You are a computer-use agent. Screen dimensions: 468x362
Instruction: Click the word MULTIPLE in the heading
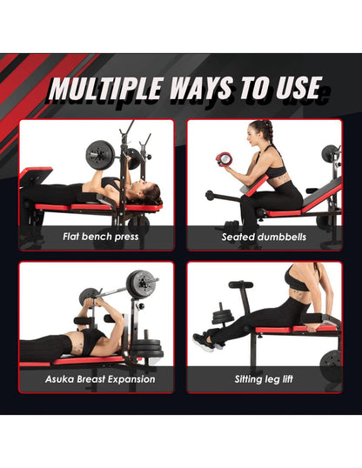104,88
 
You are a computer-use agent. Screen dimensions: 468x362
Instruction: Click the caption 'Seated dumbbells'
263,236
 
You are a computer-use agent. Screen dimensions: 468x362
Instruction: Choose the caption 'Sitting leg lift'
265,379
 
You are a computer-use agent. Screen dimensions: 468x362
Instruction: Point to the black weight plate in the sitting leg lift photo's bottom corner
331,363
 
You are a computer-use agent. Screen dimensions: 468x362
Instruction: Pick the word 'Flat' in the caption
74,236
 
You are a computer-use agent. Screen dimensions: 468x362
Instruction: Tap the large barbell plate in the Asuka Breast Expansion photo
140,284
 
